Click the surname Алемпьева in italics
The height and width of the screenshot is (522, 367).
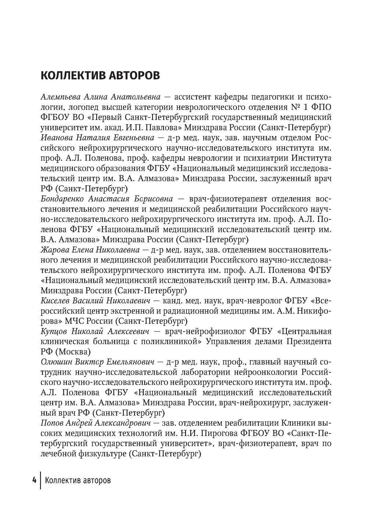point(61,97)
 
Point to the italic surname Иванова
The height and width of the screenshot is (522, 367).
point(57,138)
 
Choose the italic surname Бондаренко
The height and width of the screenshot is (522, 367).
point(63,199)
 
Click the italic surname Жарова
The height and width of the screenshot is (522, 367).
point(53,250)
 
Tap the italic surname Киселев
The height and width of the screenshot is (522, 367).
point(55,301)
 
